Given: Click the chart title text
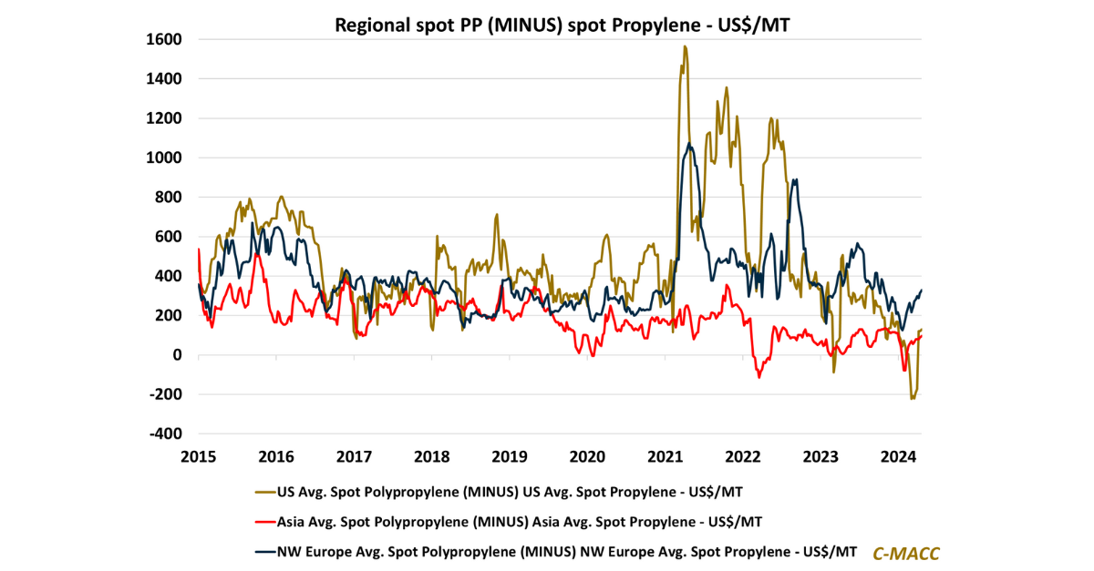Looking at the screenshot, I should click(562, 25).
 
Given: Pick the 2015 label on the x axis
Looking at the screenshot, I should click(198, 455).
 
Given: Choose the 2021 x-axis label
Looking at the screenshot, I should click(665, 455).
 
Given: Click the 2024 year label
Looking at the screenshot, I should click(898, 455).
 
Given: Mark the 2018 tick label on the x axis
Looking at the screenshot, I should click(431, 455).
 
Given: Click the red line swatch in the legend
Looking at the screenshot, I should click(264, 522).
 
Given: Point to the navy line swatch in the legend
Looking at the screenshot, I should click(264, 551).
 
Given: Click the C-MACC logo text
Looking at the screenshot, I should click(906, 553).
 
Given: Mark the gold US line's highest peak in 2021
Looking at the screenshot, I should click(685, 46).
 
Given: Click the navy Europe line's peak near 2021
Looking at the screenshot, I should click(690, 144).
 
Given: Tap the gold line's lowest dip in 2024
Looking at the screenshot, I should click(912, 398).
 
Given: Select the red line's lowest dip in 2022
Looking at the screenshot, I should click(759, 377).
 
